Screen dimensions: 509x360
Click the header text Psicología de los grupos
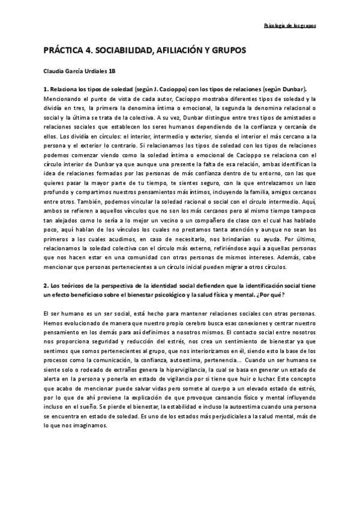click(290, 26)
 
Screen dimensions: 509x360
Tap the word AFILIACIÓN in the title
click(181, 52)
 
